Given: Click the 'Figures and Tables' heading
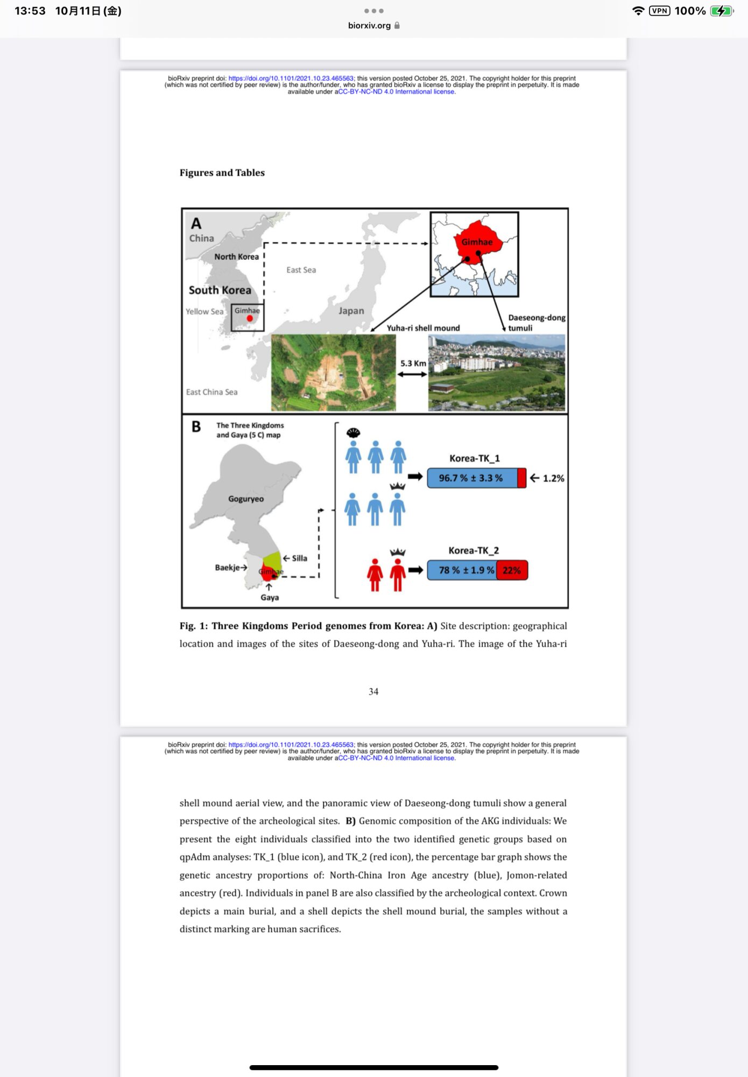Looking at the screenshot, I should [222, 173].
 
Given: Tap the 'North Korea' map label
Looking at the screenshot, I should [236, 257].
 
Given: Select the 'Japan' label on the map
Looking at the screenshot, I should [351, 311].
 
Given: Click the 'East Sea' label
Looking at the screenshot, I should [301, 270].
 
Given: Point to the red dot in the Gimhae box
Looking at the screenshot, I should [250, 318].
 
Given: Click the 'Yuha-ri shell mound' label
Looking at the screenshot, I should [423, 328].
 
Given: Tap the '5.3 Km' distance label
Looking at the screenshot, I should [413, 363].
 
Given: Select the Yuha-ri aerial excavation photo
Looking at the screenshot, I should [333, 373].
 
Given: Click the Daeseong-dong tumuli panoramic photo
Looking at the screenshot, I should [496, 373].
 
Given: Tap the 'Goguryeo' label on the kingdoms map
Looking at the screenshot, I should [246, 499].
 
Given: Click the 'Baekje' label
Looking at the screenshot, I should [228, 568].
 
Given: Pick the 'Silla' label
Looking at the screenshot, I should [299, 558].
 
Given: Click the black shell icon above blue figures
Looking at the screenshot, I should [353, 432].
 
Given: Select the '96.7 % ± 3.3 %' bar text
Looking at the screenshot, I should [470, 478].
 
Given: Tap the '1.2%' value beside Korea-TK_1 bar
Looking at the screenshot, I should [553, 478].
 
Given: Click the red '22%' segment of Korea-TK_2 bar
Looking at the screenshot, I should [512, 570].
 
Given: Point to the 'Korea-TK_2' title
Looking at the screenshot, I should [474, 550].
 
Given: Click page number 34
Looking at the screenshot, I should [373, 691].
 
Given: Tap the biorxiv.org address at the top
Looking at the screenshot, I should [370, 25].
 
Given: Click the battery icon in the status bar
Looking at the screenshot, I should [721, 11].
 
